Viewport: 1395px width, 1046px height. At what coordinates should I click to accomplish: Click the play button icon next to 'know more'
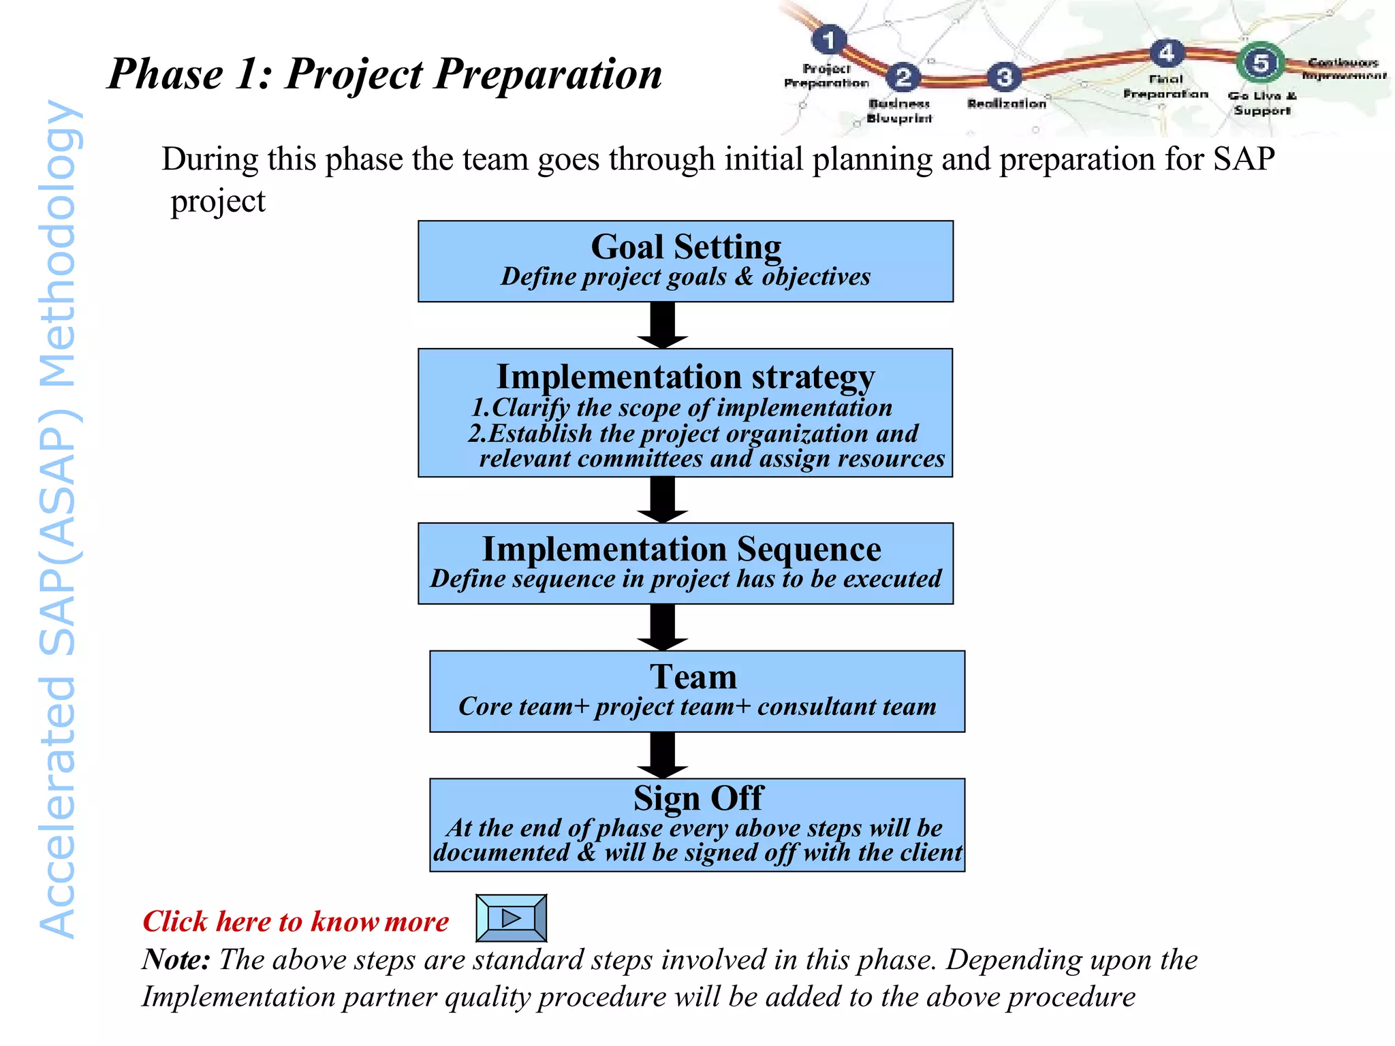511,918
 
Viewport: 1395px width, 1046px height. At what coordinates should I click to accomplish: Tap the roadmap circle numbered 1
829,40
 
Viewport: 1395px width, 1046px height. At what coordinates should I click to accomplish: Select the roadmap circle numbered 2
903,76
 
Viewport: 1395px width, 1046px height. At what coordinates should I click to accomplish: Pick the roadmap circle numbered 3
1004,77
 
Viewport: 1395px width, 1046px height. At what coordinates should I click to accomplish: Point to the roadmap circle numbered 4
1166,52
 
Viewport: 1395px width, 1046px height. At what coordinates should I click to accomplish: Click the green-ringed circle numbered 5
1260,63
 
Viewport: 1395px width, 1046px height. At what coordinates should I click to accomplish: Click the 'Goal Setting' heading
685,247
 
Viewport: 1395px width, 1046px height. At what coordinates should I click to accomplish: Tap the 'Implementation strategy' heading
685,377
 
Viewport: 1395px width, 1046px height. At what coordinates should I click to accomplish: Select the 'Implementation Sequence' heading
681,549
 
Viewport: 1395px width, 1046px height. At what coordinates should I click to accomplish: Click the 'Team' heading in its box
693,677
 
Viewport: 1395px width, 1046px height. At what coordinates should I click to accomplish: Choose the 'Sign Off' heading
698,798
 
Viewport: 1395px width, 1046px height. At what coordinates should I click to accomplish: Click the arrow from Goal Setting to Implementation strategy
663,326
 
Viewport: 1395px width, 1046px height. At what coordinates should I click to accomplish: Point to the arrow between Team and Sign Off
663,755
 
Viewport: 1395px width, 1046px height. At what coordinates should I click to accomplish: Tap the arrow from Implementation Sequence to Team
663,627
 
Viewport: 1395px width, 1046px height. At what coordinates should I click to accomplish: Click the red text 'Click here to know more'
295,921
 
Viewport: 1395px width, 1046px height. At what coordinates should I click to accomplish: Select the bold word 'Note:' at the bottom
176,960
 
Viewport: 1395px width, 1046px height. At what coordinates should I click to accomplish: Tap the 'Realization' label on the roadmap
1006,104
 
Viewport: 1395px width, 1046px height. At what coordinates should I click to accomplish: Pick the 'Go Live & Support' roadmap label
1261,103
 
